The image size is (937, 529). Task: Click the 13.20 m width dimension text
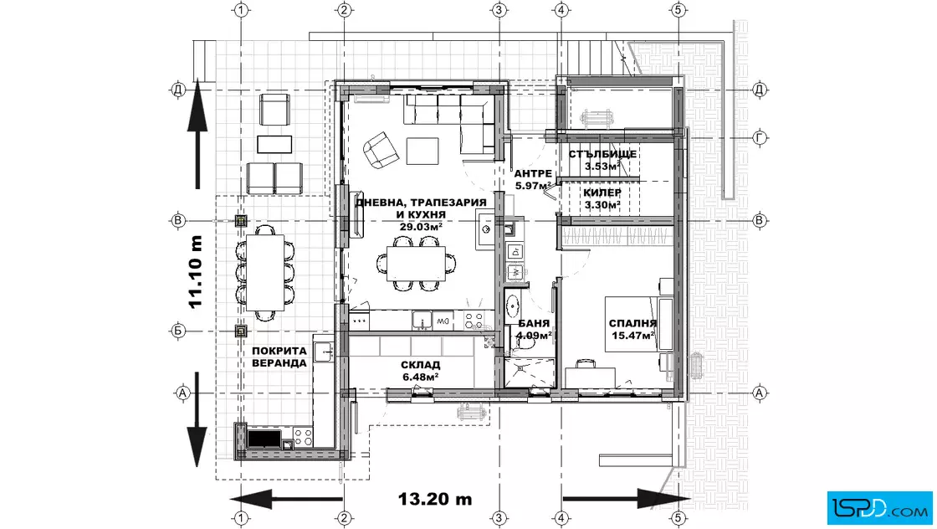[x=434, y=499]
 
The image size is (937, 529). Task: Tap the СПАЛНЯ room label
[x=632, y=323]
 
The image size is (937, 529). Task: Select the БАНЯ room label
[x=534, y=323]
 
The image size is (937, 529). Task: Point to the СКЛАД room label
[x=420, y=365]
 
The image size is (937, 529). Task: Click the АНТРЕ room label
[x=533, y=174]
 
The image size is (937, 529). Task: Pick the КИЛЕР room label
[x=602, y=193]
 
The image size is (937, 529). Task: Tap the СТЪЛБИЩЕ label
[x=602, y=154]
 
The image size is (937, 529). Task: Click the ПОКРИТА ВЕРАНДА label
[x=279, y=357]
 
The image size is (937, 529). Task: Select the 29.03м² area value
[x=421, y=227]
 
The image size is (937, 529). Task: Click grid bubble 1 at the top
[x=241, y=9]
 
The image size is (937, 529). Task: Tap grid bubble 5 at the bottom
[x=677, y=517]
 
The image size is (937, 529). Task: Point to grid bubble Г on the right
[x=760, y=137]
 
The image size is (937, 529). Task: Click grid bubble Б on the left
[x=178, y=331]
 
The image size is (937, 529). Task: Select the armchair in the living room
[x=381, y=150]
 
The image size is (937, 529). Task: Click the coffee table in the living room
[x=422, y=151]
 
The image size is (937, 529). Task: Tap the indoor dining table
[x=416, y=263]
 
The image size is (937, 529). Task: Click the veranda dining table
[x=264, y=273]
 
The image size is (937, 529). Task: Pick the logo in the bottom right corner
[x=879, y=507]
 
